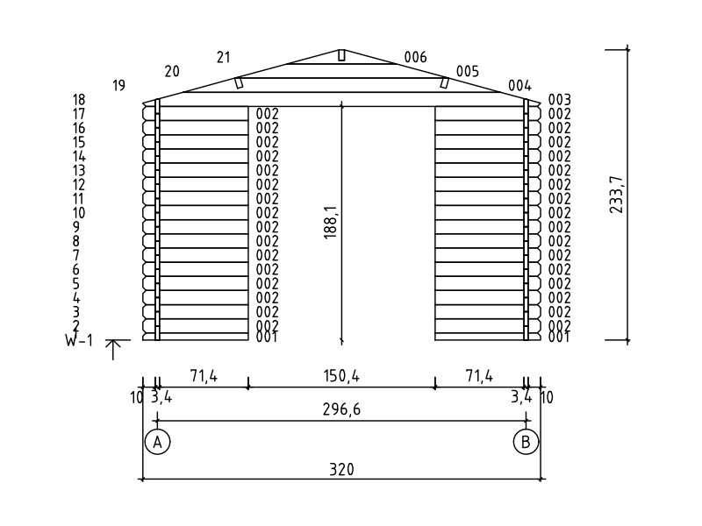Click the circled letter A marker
click(158, 442)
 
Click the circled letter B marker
click(526, 442)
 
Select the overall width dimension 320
click(341, 470)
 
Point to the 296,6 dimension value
click(341, 409)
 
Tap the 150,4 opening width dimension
click(341, 376)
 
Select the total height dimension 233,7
click(616, 194)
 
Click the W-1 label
click(79, 341)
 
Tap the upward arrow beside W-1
click(113, 350)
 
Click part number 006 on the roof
click(415, 57)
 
